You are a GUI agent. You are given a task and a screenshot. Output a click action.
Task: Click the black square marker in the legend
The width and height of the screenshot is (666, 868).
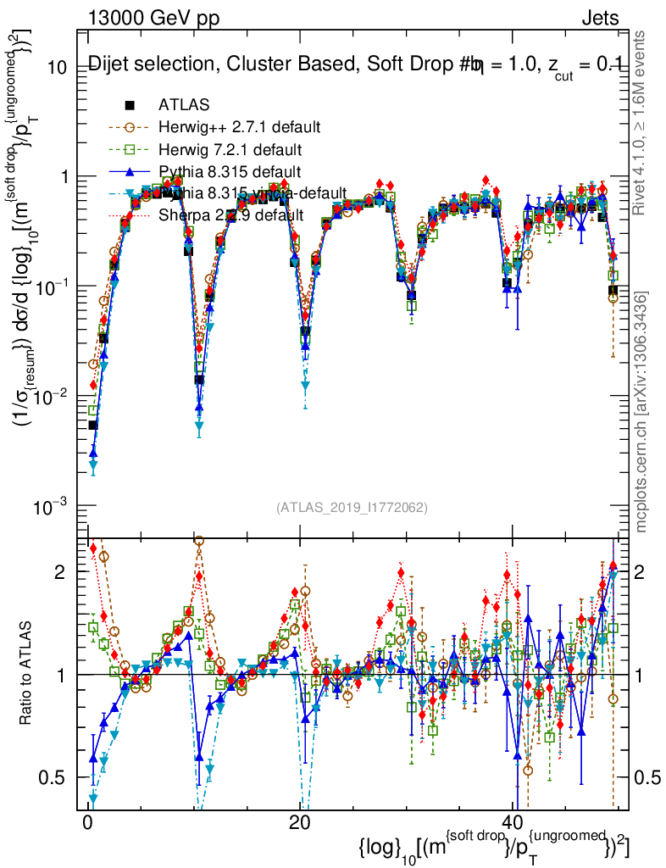click(x=130, y=105)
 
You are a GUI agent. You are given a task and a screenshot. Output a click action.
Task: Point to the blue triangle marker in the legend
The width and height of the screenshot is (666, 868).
click(x=130, y=171)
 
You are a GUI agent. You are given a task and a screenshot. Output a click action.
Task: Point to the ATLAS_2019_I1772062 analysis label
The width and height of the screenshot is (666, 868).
click(x=351, y=508)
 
